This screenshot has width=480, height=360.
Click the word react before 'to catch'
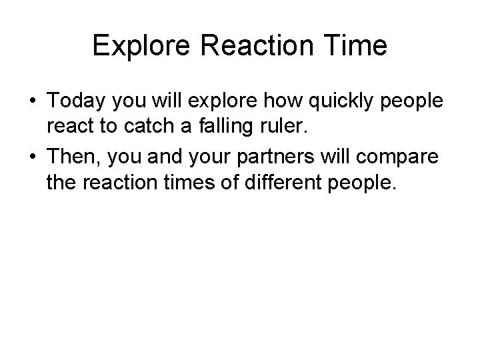pos(69,129)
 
